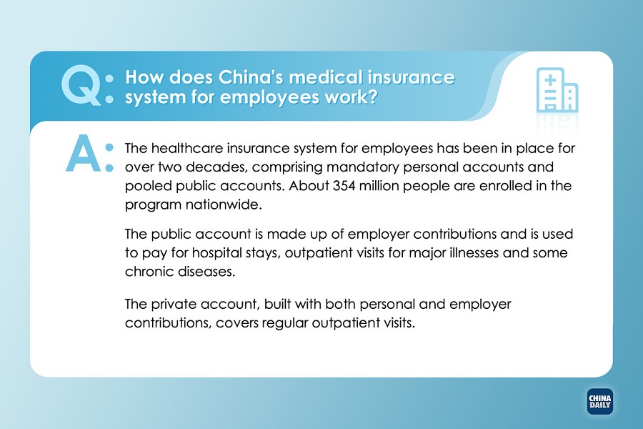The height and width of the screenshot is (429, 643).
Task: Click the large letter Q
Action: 81,84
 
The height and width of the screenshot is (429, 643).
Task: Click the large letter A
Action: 84,153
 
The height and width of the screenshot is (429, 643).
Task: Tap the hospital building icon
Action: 557,90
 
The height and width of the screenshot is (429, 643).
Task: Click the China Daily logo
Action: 599,402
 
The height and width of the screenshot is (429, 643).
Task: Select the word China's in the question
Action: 251,78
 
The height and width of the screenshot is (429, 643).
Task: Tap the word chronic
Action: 150,272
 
